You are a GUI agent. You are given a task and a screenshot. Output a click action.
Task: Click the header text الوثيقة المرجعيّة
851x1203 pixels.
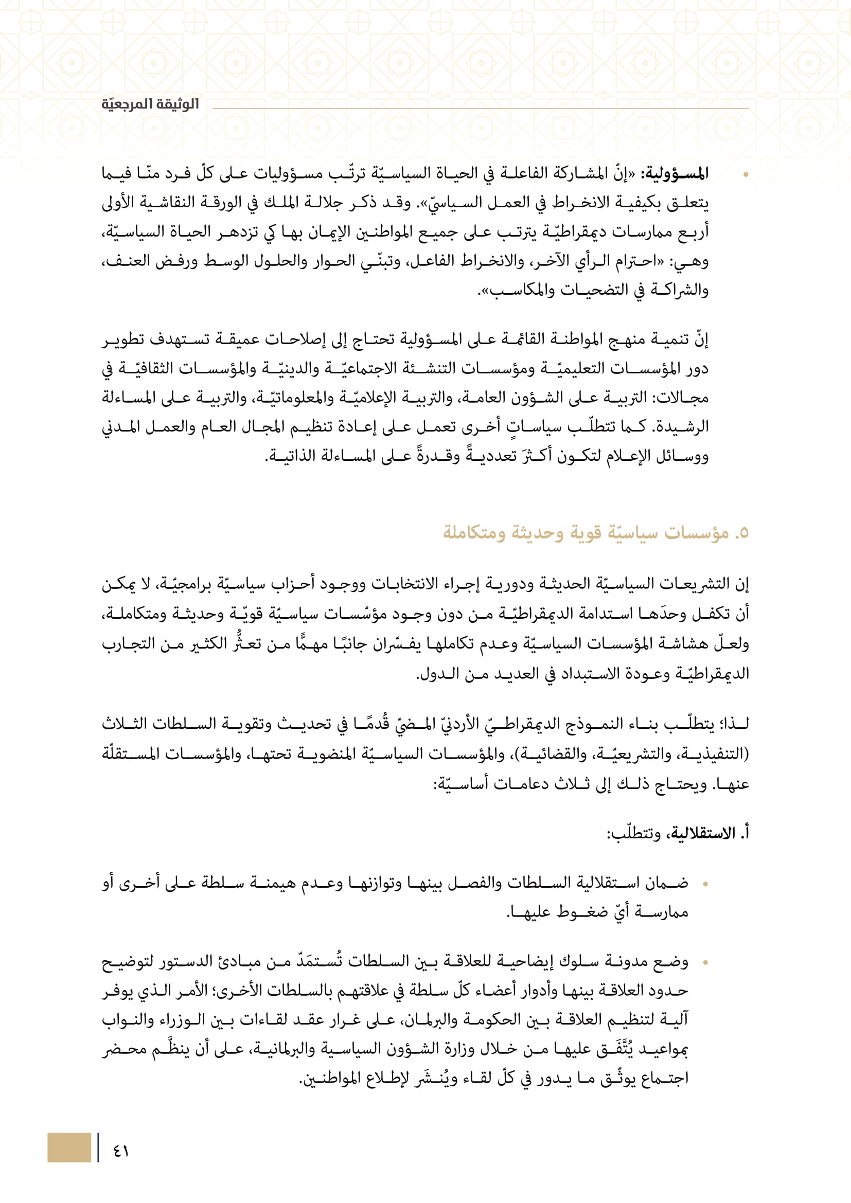coord(150,104)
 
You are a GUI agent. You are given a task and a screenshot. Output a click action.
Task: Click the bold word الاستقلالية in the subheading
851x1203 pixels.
coord(702,833)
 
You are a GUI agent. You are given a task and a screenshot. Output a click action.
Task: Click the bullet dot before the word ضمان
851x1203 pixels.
coord(705,884)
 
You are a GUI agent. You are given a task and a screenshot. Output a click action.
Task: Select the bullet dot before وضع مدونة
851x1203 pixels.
coord(705,962)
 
